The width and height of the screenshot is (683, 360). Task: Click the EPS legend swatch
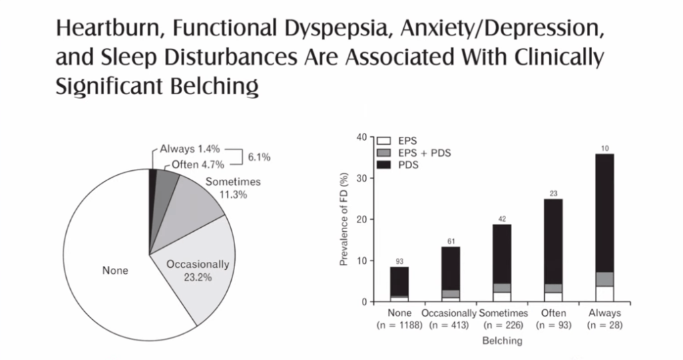385,142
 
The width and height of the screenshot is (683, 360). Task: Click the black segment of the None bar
400,281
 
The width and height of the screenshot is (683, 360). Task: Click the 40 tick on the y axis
361,138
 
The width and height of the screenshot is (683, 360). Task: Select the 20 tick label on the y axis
361,220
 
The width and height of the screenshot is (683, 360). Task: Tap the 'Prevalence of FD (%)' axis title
344,218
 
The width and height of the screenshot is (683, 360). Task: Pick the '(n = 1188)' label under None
400,325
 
